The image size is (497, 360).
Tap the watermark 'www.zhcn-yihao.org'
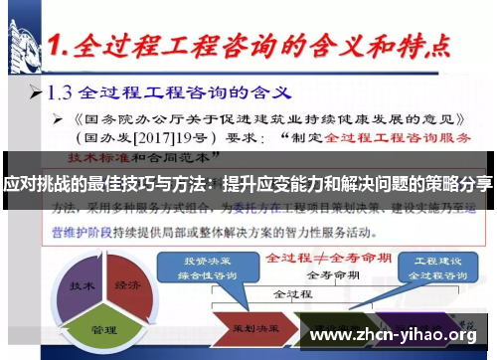[x=393, y=335]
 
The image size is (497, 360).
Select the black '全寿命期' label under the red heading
[x=328, y=272]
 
